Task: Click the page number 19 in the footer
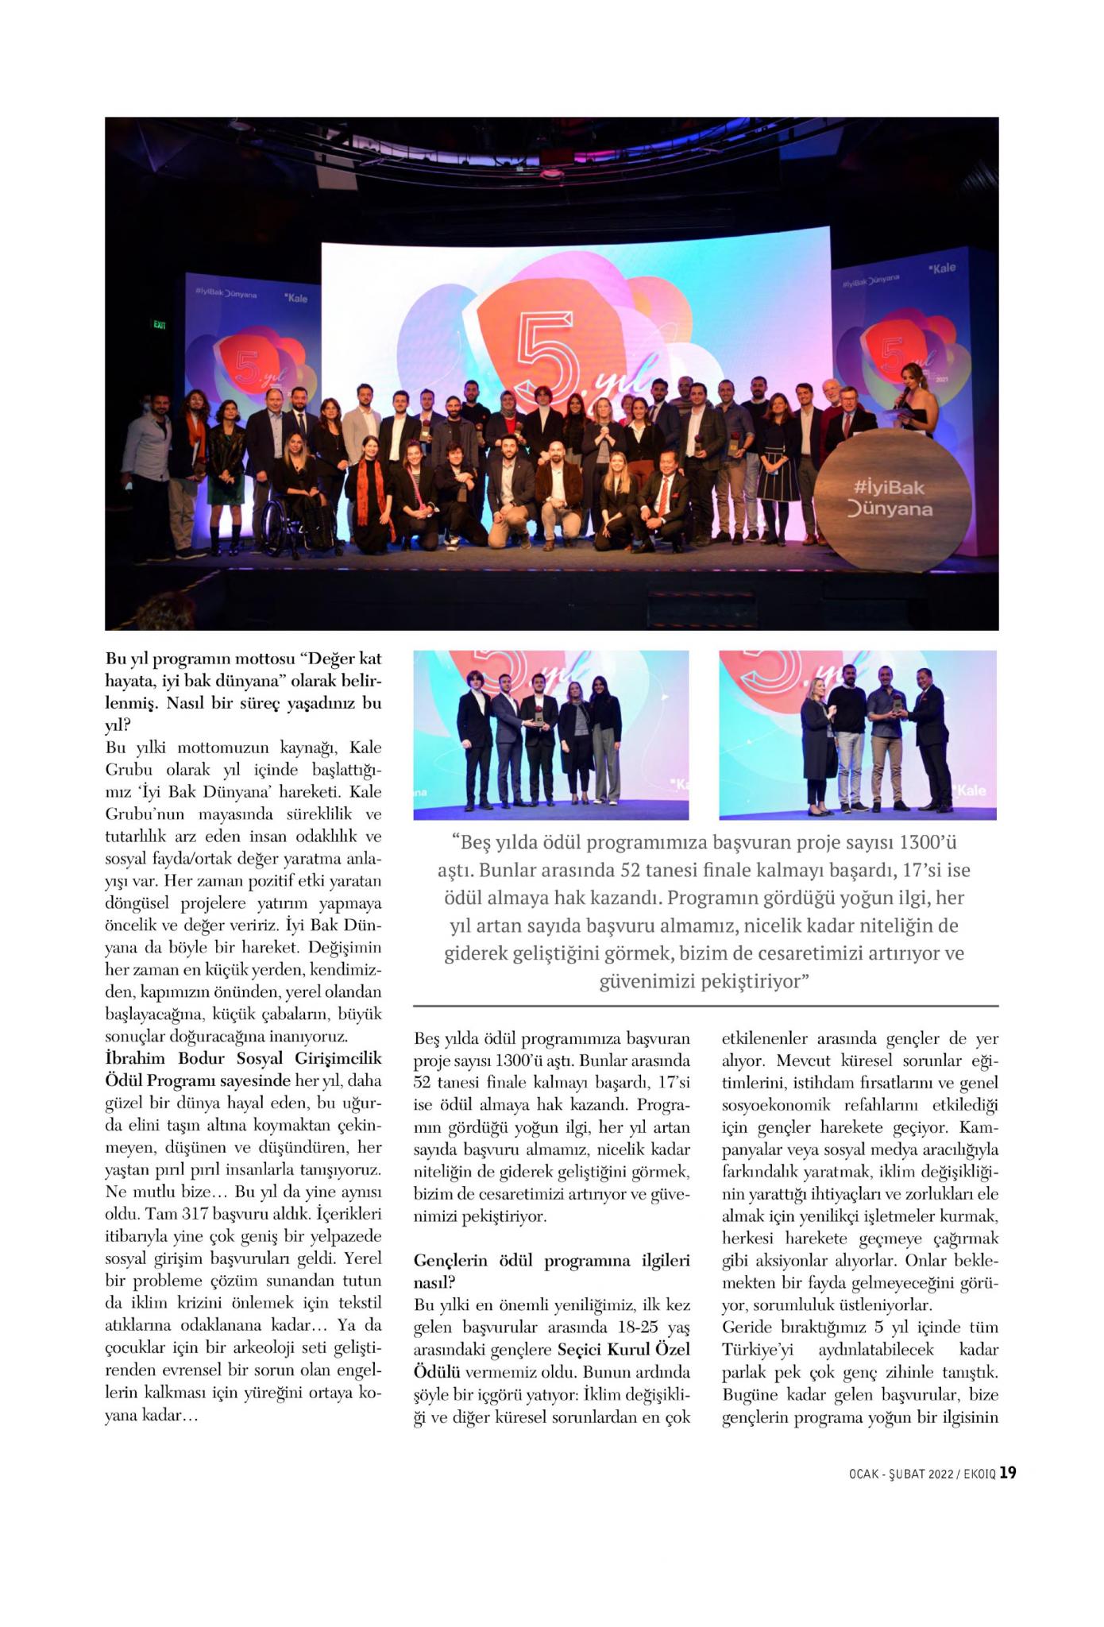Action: (x=1007, y=1473)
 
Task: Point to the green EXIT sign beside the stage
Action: (x=160, y=325)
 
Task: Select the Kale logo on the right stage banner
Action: (x=942, y=269)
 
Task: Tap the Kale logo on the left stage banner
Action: (x=295, y=298)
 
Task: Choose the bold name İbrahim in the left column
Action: (x=136, y=1058)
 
